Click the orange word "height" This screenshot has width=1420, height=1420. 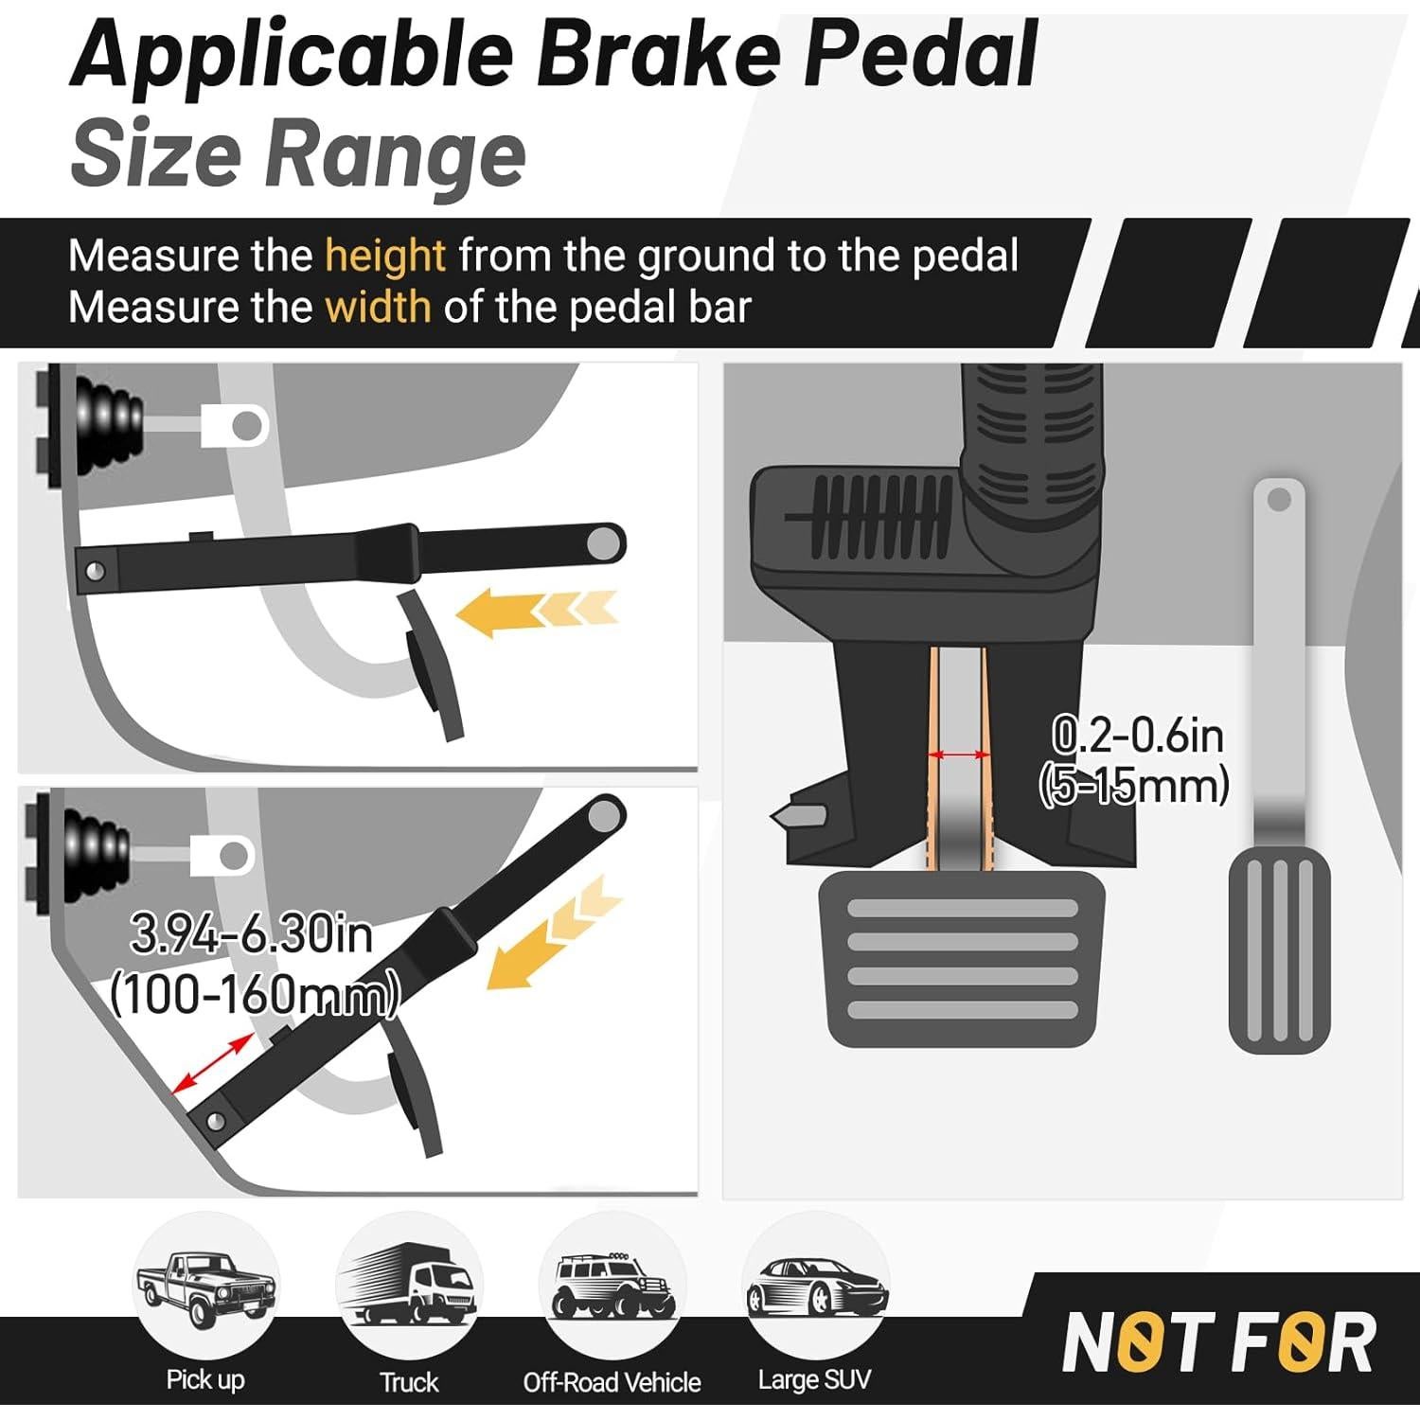point(384,256)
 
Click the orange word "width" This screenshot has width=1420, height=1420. point(378,308)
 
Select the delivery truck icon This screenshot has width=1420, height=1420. point(409,1287)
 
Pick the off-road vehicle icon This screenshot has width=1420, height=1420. point(612,1287)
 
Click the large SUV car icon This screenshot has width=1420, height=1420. point(816,1287)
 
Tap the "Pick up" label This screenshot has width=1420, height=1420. point(205,1379)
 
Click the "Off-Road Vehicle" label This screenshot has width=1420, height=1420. point(612,1382)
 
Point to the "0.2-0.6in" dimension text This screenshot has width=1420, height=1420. point(1137,736)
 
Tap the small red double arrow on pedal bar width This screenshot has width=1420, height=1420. point(958,754)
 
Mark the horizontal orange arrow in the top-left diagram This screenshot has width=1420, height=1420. point(536,611)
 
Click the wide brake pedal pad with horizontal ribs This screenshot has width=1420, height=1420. point(961,959)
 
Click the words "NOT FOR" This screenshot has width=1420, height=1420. point(1219,1342)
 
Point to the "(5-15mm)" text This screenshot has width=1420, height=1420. point(1133,786)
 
